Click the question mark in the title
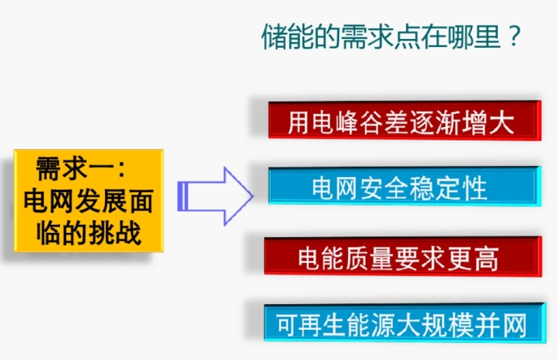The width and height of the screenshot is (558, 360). coord(515,36)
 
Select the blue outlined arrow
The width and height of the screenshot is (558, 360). coord(215,196)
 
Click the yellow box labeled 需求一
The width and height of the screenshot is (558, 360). coord(89,201)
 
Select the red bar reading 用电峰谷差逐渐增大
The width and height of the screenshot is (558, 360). coord(405,120)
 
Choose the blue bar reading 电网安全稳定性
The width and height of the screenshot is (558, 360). coord(405,186)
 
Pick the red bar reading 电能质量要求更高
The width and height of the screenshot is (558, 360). coord(403,256)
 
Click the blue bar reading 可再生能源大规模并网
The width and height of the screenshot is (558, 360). coord(405,323)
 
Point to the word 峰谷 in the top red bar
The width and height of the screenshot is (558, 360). coord(360,123)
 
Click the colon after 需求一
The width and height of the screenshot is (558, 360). coord(121,169)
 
